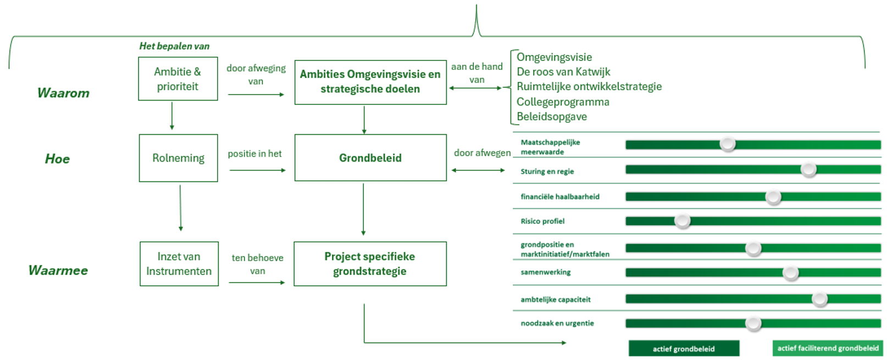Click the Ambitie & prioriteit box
pos(178,79)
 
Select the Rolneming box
pos(178,158)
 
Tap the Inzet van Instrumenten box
pos(179,264)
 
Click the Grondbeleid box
pos(370,158)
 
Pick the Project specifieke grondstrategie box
pos(370,264)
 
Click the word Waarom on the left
pos(63,93)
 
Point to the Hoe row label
pos(57,159)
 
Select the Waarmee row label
pos(58,270)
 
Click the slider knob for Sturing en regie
pos(808,169)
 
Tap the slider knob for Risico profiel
pos(682,221)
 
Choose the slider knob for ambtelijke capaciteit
pos(819,299)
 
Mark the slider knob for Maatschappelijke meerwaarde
pos(728,144)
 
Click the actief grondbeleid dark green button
pos(684,348)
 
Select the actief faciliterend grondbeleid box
pos(828,348)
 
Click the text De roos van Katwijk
pos(563,72)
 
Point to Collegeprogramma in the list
pos(563,102)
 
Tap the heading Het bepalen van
pos(174,46)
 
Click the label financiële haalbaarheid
pos(560,196)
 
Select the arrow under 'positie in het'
pos(257,170)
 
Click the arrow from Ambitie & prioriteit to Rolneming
pos(172,116)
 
